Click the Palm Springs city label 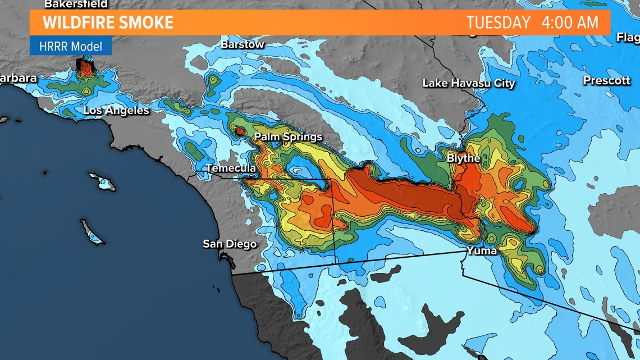(x=288, y=137)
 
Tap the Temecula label (x=231, y=168)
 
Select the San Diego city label (x=230, y=244)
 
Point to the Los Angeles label (x=116, y=111)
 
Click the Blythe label (x=463, y=158)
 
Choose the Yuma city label (x=481, y=250)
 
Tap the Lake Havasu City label (x=468, y=83)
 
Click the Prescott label (x=606, y=81)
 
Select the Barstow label (x=242, y=44)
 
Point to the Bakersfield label (x=76, y=4)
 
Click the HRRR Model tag (x=71, y=46)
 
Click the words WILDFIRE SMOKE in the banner (x=108, y=23)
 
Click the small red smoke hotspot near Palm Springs (x=240, y=131)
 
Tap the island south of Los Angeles (x=103, y=181)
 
